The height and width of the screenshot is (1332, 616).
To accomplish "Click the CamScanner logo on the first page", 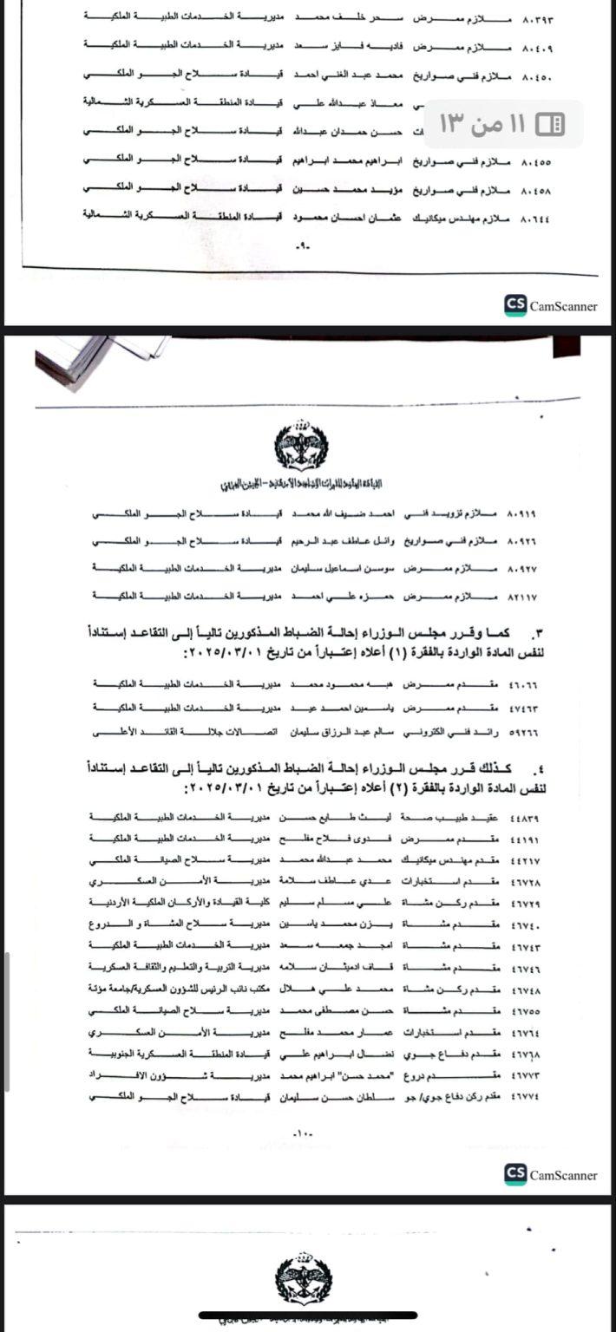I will [551, 305].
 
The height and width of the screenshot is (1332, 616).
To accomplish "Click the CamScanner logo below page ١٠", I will [551, 1175].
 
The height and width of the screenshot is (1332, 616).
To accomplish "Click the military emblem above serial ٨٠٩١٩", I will [301, 444].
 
